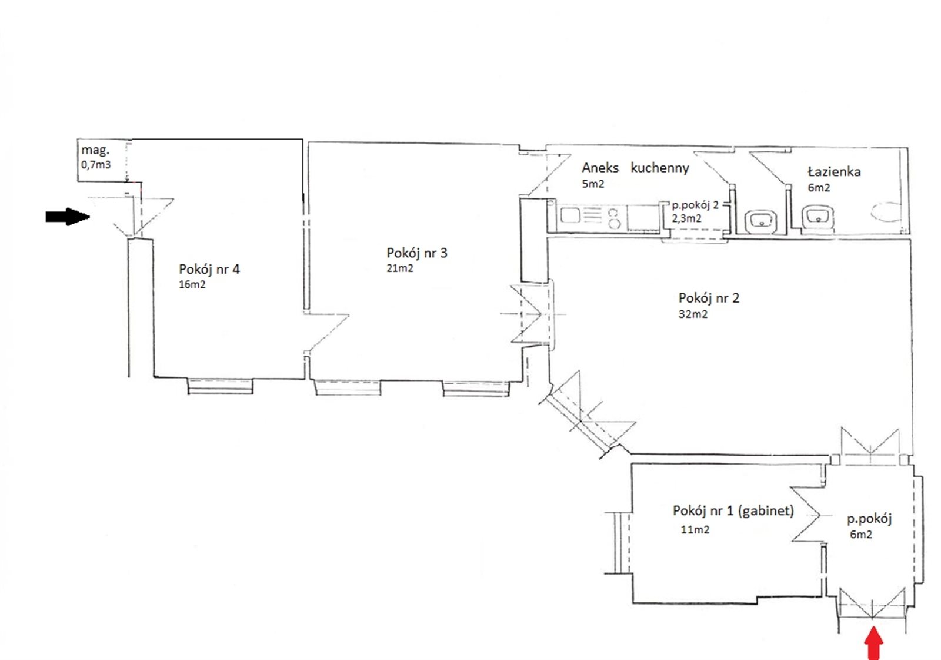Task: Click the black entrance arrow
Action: [68, 217]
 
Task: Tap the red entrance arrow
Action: [874, 644]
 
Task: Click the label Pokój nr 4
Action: [209, 269]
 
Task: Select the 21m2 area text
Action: [399, 268]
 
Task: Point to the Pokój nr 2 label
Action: [709, 298]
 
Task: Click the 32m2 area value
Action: [693, 314]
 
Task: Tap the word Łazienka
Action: [834, 171]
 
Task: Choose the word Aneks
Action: [600, 168]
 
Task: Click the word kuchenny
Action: [659, 168]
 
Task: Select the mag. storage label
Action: [95, 150]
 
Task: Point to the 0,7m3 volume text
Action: [96, 164]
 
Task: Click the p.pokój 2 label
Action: [695, 205]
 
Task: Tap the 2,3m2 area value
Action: [686, 218]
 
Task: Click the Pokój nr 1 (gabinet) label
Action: [733, 510]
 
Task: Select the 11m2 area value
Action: [695, 530]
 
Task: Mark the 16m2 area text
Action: [192, 285]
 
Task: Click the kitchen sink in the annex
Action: [570, 216]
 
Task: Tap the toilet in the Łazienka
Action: [886, 211]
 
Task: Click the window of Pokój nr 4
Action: [220, 386]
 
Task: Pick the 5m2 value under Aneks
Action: [593, 184]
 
